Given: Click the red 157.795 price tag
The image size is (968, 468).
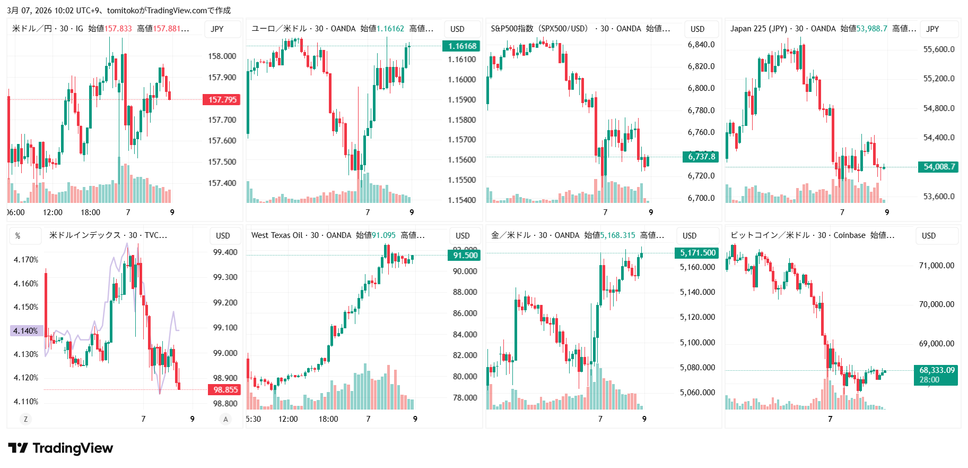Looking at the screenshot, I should (x=222, y=100).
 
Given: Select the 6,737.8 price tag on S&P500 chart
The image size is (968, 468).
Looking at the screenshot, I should (x=701, y=157).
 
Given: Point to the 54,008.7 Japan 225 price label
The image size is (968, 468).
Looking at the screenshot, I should (x=938, y=167).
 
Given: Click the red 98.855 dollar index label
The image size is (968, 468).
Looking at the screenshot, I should (x=225, y=390).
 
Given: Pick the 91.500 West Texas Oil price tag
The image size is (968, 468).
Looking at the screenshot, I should (x=465, y=256).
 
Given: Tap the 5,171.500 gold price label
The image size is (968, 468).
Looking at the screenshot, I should (x=697, y=253).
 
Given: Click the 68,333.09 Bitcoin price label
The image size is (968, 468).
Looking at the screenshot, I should (x=936, y=370).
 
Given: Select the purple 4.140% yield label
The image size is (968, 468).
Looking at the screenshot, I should (x=26, y=331).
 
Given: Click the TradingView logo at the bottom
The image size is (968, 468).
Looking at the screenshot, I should (x=60, y=448).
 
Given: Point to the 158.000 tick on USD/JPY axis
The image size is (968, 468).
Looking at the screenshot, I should (x=222, y=56).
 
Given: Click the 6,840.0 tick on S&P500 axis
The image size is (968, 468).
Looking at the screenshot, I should (x=701, y=45).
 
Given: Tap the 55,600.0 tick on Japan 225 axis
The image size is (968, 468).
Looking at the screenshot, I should (x=938, y=49).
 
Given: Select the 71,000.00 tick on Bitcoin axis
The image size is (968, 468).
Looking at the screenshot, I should (x=936, y=266).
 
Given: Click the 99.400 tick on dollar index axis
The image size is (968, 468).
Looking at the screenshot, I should (x=225, y=252).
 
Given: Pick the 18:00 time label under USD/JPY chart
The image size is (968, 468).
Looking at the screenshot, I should (x=90, y=212).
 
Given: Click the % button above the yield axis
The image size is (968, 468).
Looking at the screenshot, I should (x=18, y=236).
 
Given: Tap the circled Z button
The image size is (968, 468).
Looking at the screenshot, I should (x=25, y=419).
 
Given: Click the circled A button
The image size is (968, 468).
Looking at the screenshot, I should (x=225, y=419).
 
